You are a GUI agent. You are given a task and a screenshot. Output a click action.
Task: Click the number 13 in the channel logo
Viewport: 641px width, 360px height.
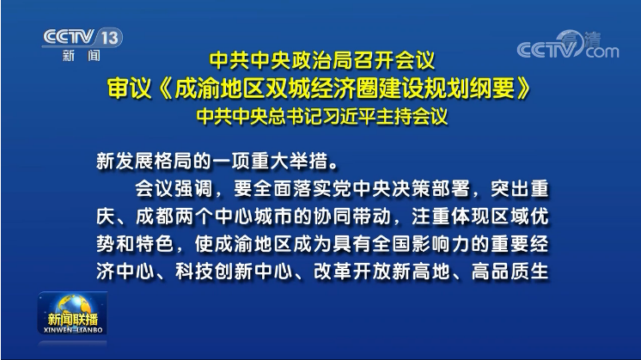pos(110,38)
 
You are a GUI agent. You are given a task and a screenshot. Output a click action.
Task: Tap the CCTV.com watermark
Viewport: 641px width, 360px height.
pos(568,45)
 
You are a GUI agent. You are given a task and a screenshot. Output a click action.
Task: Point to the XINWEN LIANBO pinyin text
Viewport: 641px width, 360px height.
pos(73,330)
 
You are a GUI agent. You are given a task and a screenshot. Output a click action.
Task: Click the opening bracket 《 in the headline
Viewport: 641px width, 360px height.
pos(165,88)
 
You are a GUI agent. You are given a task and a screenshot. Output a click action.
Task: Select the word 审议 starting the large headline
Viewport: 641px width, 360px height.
pos(129,88)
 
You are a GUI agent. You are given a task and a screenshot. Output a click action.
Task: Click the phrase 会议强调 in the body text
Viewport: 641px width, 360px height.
pos(174,188)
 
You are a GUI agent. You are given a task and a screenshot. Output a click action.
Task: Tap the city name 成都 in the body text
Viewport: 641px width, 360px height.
pos(155,217)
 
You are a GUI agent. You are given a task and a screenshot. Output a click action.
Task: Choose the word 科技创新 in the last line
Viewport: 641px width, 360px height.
pos(214,272)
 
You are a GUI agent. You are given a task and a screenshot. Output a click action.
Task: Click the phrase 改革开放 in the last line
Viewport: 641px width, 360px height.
pos(352,272)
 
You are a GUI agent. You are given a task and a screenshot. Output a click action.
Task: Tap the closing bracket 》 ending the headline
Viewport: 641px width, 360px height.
pos(524,88)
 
